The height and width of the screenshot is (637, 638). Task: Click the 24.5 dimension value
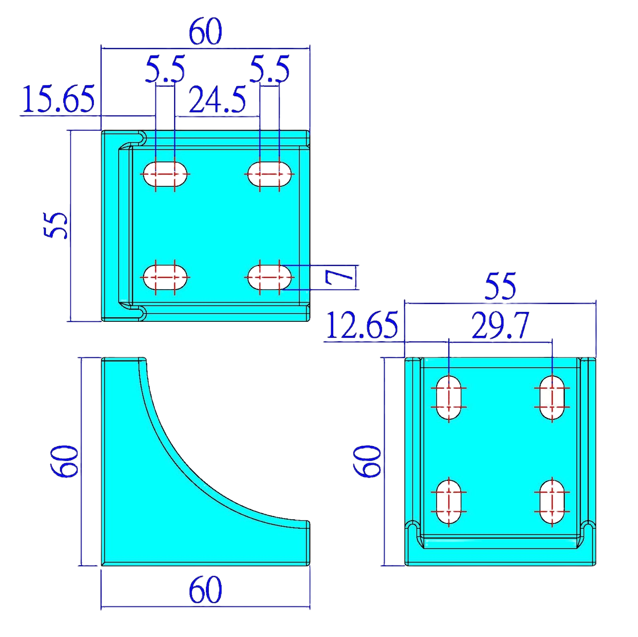click(x=217, y=100)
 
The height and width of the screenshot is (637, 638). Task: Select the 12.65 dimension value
click(x=362, y=326)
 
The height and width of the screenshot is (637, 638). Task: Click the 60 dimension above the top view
click(x=205, y=32)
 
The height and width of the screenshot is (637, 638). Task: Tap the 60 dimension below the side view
click(x=205, y=590)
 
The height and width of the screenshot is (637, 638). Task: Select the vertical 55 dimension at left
click(x=55, y=225)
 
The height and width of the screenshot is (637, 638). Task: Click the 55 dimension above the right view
click(x=500, y=286)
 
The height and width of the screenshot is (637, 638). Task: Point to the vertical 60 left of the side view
click(x=64, y=461)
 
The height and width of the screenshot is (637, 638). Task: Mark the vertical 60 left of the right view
click(x=367, y=461)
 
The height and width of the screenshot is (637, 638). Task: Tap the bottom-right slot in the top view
click(x=269, y=277)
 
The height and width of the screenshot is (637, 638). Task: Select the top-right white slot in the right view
click(x=552, y=397)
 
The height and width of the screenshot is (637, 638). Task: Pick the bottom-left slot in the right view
click(x=449, y=502)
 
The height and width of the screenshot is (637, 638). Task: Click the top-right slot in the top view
click(x=269, y=174)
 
